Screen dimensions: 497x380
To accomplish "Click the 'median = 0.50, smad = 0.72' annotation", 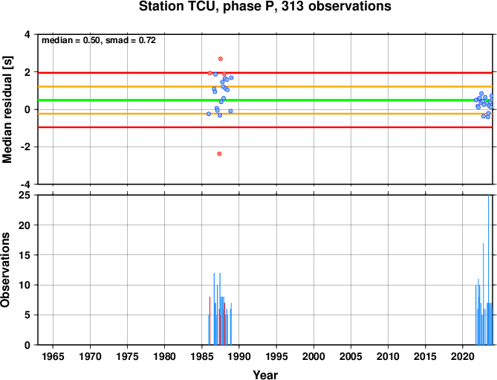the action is (x=99, y=40).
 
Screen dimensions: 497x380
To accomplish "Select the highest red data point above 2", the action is (x=221, y=59).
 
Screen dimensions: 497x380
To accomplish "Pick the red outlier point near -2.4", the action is (x=219, y=154).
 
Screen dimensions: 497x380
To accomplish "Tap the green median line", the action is (x=265, y=100).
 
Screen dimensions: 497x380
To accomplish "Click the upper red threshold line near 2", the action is (x=265, y=73).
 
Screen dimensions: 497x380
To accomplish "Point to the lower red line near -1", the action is (x=265, y=127).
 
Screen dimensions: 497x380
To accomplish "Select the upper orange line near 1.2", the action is (x=265, y=86).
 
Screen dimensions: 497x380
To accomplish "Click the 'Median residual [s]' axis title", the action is (x=7, y=109).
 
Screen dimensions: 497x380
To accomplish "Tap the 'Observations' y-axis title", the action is (x=5, y=270).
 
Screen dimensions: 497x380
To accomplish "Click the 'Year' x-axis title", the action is (x=265, y=375).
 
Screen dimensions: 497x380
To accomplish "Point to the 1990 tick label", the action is (x=239, y=356).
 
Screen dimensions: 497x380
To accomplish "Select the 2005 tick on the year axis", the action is (x=351, y=356).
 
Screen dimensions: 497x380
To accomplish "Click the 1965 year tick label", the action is (x=53, y=356).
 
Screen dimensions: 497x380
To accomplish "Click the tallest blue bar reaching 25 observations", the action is (x=488, y=270).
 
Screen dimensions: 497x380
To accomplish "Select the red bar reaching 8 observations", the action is (x=209, y=321).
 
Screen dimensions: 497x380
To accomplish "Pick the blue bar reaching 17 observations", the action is (x=483, y=294).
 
